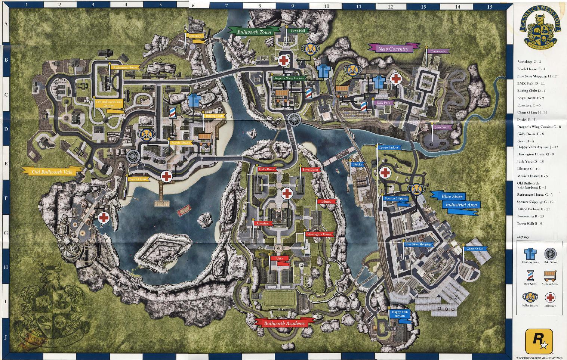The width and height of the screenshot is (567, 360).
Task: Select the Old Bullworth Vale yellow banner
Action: [x=52, y=172]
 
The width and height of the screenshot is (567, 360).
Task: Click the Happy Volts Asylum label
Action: [x=400, y=314]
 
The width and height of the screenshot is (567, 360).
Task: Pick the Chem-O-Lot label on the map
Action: [x=475, y=249]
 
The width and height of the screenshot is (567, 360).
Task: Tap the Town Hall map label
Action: [x=298, y=31]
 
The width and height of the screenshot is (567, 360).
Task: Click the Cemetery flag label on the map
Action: [x=195, y=36]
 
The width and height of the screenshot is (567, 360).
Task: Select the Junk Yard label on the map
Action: [x=441, y=127]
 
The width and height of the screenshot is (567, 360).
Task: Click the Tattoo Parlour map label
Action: [x=389, y=148]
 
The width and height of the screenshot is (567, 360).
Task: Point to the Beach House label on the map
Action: [x=138, y=179]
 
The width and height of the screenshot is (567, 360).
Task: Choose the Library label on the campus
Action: [x=326, y=202]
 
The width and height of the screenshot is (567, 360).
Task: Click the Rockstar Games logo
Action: [x=538, y=340]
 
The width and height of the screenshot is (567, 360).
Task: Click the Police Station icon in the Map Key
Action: [x=530, y=297]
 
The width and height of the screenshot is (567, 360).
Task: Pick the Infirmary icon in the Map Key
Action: [x=550, y=297]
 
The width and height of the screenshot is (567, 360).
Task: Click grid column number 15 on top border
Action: [x=490, y=6]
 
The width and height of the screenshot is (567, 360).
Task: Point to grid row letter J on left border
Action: [x=6, y=337]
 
